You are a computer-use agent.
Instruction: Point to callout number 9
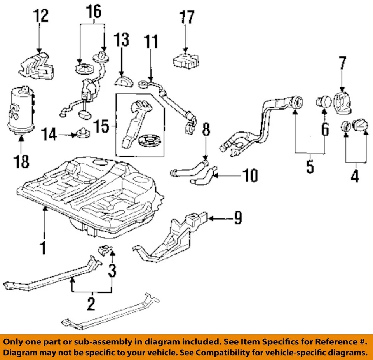pyautogui.click(x=237, y=219)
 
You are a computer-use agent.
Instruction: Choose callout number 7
pyautogui.click(x=342, y=63)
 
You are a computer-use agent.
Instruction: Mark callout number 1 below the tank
pyautogui.click(x=44, y=247)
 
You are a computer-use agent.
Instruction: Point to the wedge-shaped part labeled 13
pyautogui.click(x=124, y=81)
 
